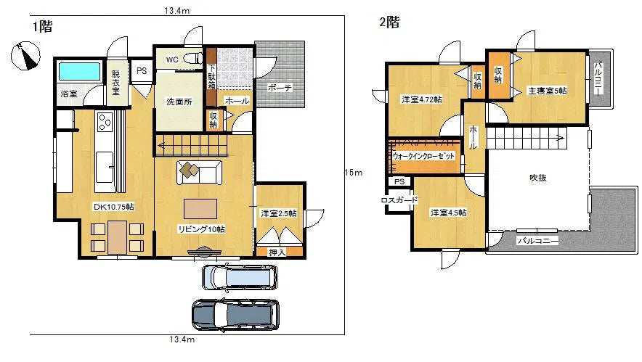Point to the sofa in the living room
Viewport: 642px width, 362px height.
pyautogui.click(x=200, y=171)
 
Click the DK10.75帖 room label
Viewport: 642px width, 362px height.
pyautogui.click(x=113, y=207)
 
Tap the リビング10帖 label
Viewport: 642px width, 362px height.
pyautogui.click(x=201, y=229)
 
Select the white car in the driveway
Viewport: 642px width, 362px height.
pyautogui.click(x=240, y=276)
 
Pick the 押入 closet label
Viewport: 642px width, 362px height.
pyautogui.click(x=277, y=252)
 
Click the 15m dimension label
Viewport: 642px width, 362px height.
pyautogui.click(x=353, y=172)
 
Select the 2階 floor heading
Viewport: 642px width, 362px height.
pyautogui.click(x=389, y=22)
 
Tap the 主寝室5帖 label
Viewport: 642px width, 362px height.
pyautogui.click(x=547, y=91)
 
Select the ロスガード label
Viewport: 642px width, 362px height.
pyautogui.click(x=397, y=200)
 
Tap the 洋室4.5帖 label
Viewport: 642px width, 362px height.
pyautogui.click(x=447, y=213)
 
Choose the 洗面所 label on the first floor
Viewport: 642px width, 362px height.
pyautogui.click(x=179, y=102)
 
